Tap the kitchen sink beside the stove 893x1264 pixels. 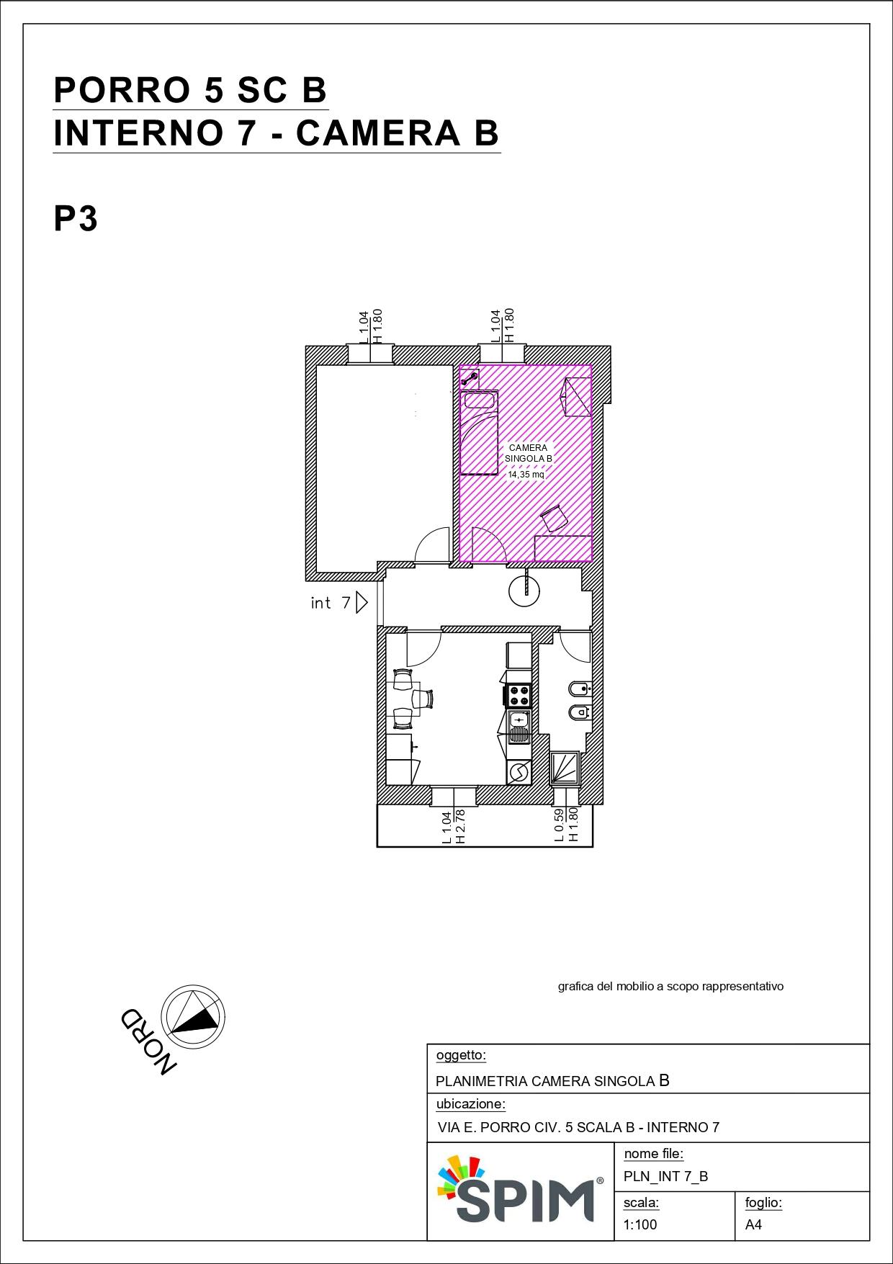tap(519, 726)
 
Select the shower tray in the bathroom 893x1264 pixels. tap(565, 768)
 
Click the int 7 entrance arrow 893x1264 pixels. tap(362, 602)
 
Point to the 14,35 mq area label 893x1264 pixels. tap(526, 475)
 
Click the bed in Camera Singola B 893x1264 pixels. tap(480, 432)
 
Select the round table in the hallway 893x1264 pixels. tap(524, 591)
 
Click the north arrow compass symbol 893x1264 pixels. tap(192, 1016)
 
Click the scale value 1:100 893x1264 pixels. tap(640, 1224)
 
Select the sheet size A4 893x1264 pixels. tap(753, 1224)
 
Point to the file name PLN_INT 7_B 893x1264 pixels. tap(666, 1176)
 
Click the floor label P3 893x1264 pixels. tap(76, 218)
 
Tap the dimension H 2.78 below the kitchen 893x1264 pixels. tap(461, 826)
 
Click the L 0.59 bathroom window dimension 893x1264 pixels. tap(559, 825)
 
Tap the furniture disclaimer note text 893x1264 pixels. tap(670, 986)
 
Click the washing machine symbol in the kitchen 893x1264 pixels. tap(519, 772)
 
